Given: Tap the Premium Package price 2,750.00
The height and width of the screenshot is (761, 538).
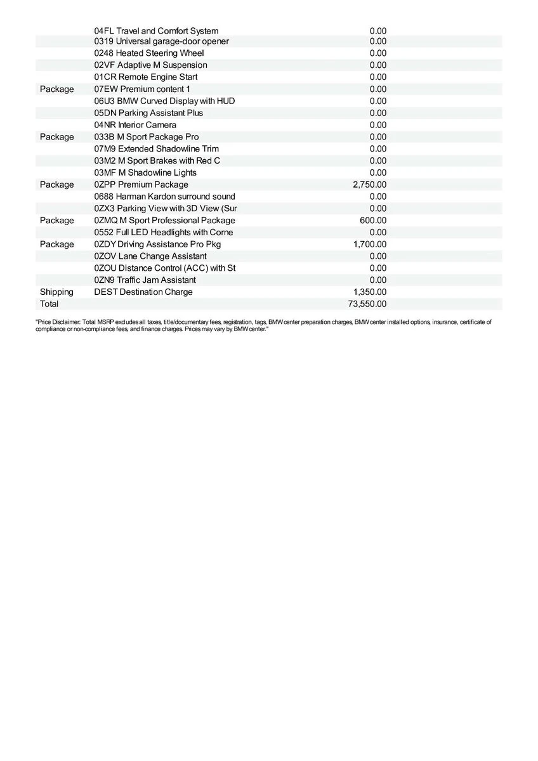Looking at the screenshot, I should (x=369, y=185).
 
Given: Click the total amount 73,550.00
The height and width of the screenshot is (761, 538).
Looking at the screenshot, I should (x=367, y=304).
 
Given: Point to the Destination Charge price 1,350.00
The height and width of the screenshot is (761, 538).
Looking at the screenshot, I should (x=369, y=292).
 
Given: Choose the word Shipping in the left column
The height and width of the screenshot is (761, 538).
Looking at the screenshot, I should (x=56, y=292).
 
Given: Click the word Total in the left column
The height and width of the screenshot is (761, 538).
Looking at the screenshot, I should (x=49, y=304).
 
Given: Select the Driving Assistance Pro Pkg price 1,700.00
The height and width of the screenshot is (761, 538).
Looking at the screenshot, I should (x=369, y=244).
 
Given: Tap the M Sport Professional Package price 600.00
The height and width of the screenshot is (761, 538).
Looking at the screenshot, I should (x=373, y=220).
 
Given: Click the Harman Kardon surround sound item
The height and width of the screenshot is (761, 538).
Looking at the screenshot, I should (x=164, y=197).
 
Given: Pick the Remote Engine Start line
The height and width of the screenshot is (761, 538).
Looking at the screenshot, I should (x=146, y=77).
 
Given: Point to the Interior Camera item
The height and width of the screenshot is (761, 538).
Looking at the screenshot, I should (x=135, y=125).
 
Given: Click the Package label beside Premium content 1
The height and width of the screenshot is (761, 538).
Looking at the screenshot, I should (x=56, y=89).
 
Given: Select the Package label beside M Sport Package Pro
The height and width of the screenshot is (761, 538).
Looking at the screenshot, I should (x=56, y=137).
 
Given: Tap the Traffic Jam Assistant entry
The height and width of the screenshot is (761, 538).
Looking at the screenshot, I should (x=145, y=280).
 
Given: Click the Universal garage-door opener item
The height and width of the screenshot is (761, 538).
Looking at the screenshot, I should (x=161, y=42).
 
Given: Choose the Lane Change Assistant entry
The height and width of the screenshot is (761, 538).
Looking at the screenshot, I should (x=150, y=256).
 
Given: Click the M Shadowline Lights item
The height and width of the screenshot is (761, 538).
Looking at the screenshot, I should (x=145, y=172).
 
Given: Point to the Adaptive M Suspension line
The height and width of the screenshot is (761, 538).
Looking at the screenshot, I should (x=150, y=65).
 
